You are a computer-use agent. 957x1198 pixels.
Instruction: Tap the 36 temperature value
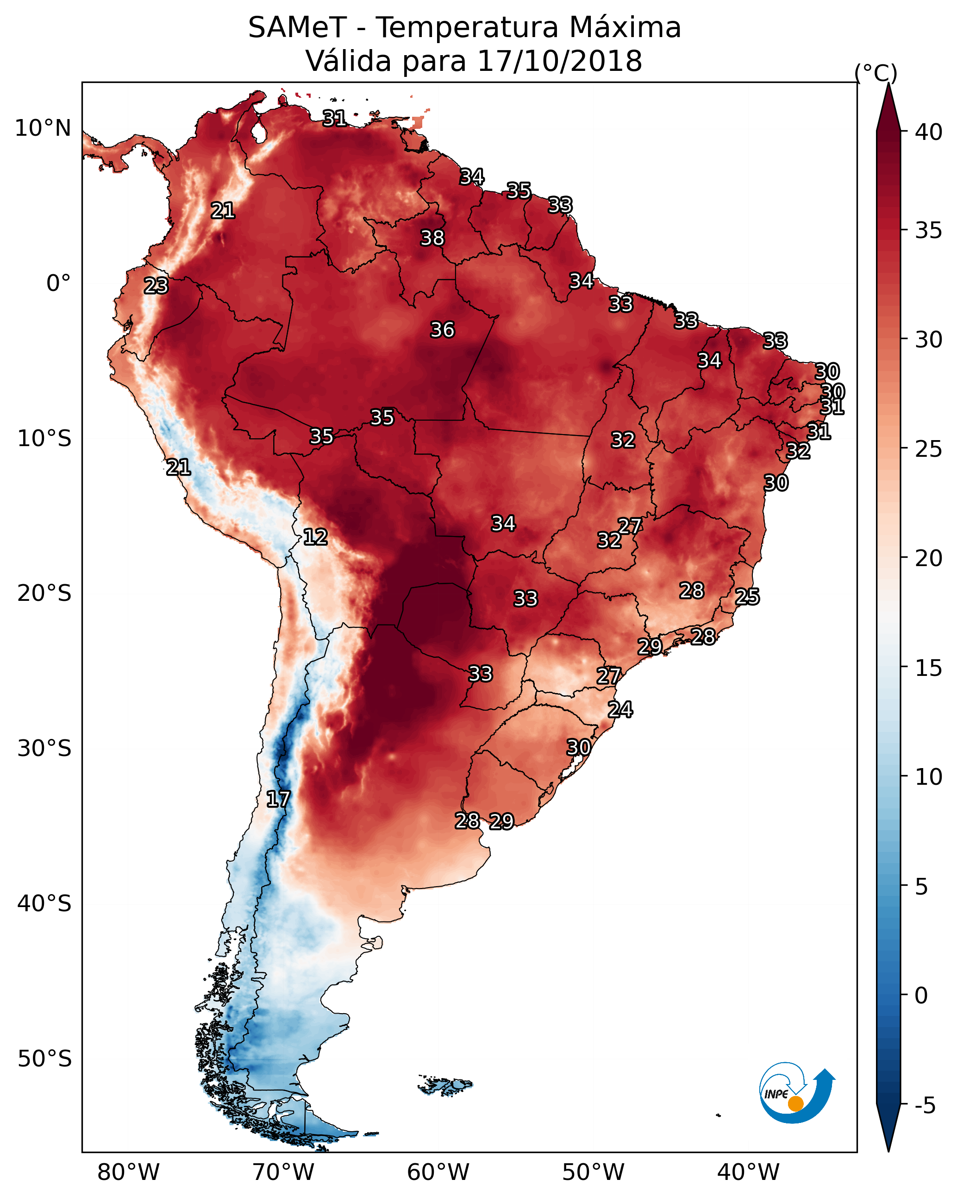point(442,329)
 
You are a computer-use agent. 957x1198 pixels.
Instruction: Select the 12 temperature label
point(315,537)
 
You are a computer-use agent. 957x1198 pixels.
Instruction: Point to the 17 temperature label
point(278,799)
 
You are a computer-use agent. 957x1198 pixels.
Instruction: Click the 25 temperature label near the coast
point(747,596)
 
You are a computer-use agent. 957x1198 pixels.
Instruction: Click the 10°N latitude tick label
point(43,128)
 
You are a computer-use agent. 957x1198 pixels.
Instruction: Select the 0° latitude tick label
point(59,283)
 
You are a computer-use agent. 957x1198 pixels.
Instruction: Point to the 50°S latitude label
point(44,1059)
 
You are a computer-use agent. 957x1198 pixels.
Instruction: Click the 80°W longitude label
point(128,1172)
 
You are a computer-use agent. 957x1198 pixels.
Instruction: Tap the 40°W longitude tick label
point(748,1172)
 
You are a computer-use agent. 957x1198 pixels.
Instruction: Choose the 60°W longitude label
point(438,1172)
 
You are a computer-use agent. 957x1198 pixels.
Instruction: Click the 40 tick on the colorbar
point(929,132)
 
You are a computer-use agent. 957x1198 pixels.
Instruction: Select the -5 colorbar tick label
point(926,1106)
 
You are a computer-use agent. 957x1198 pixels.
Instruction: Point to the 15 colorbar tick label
point(929,668)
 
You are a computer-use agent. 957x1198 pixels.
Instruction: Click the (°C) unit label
point(876,73)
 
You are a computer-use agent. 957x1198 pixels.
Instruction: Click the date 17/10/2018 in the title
point(559,61)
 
